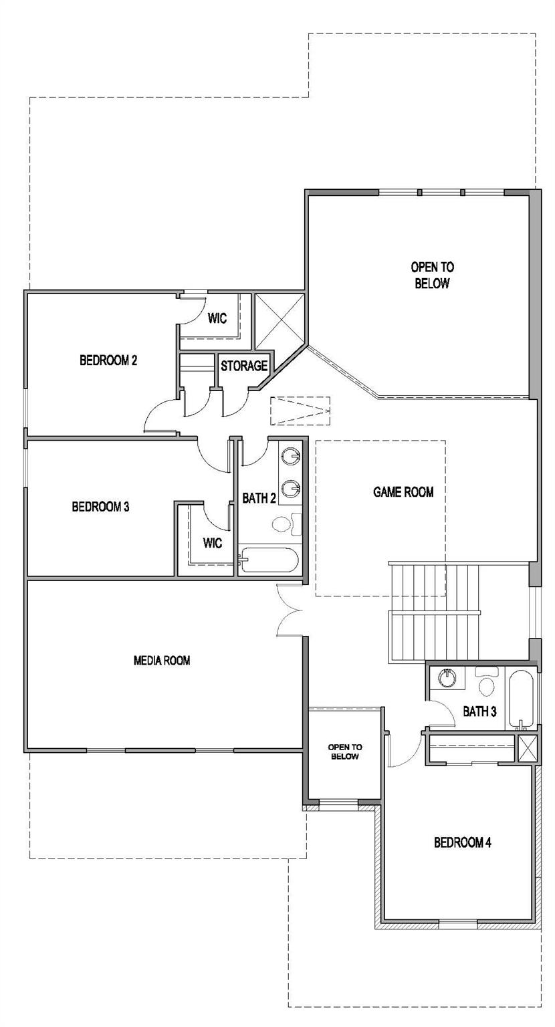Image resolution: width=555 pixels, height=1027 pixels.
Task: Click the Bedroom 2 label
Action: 108,360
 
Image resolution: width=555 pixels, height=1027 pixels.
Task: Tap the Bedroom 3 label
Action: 100,506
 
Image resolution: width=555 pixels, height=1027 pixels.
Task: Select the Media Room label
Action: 162,661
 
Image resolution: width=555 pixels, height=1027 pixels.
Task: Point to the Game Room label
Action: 403,492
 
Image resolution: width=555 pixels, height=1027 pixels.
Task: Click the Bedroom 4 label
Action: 463,842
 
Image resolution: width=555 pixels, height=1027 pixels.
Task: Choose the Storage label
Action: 244,366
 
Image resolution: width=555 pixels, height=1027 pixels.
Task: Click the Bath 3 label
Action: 479,711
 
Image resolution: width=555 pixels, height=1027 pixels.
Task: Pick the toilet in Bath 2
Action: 280,522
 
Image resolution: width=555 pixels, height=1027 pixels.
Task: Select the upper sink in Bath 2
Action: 291,457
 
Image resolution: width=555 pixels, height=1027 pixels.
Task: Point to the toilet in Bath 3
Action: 486,683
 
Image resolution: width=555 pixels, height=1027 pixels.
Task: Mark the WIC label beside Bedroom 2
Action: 217,318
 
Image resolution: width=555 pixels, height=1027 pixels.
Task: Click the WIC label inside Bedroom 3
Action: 213,543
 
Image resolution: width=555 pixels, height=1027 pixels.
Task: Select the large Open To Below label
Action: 432,275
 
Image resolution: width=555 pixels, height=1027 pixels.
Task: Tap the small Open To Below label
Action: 344,752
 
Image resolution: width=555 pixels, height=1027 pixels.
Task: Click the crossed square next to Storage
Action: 280,321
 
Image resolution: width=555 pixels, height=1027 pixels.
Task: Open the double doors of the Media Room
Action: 290,610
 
